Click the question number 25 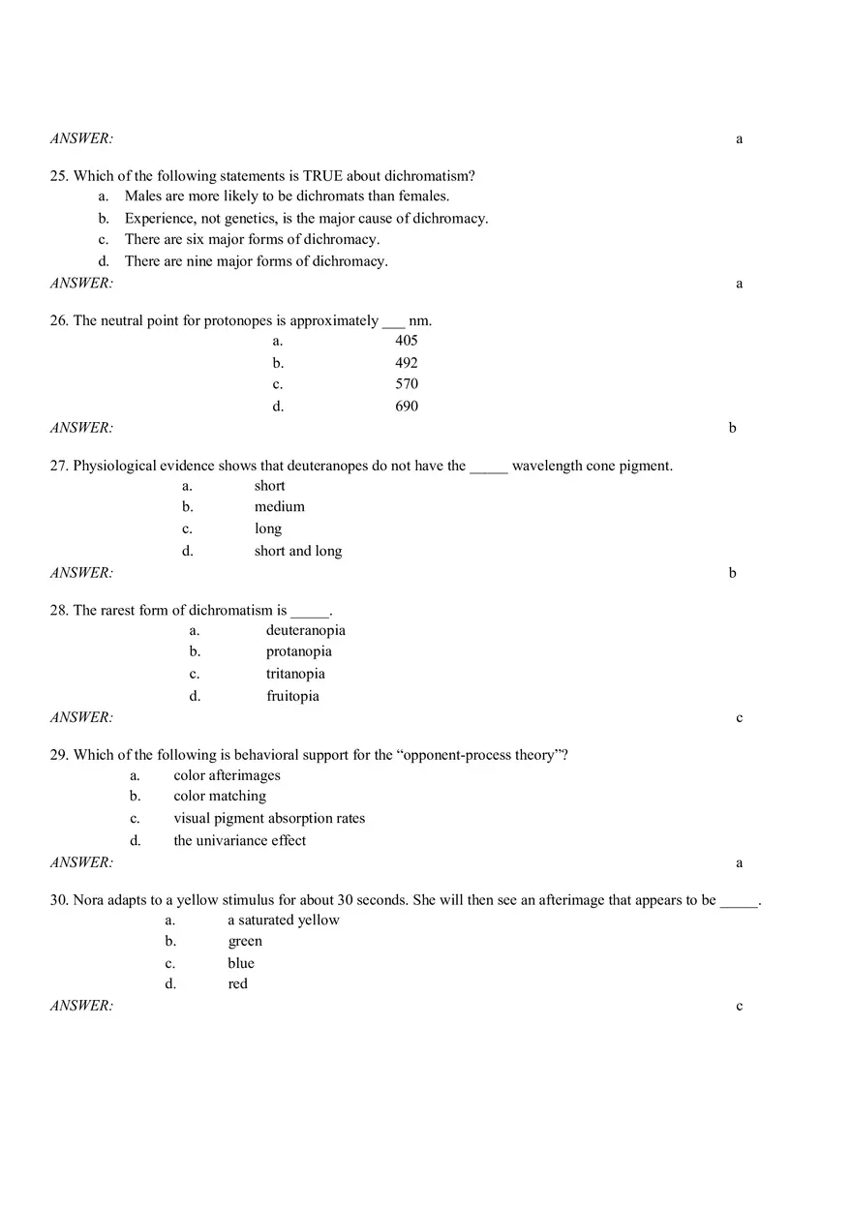(58, 176)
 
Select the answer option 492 (407, 363)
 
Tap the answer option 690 (407, 407)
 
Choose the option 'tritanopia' (295, 674)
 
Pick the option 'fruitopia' (292, 696)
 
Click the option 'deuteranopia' (305, 630)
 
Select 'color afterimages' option (227, 775)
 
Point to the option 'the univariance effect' (239, 840)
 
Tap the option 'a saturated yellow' (284, 920)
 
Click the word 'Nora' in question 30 (88, 900)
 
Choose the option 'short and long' (298, 551)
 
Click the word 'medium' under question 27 (280, 506)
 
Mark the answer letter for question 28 (739, 718)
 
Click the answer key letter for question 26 (732, 428)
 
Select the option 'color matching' (220, 796)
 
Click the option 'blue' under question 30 (241, 963)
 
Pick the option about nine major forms (256, 261)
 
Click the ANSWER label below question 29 (81, 862)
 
